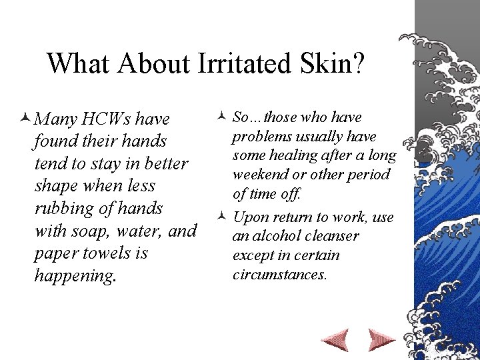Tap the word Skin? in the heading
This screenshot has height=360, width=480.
pos(337,63)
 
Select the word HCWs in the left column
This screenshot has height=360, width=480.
pos(107,120)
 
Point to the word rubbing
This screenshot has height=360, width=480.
pos(63,209)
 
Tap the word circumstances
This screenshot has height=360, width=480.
pos(279,274)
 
